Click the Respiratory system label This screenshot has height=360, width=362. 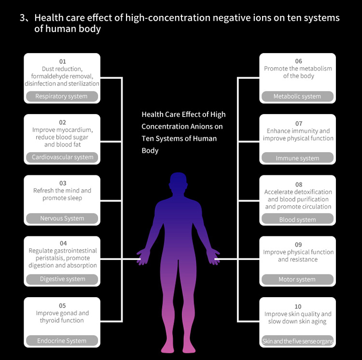point(62,96)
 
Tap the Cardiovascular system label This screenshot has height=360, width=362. point(62,157)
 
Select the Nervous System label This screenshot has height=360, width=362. point(62,218)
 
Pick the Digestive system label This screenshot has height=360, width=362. point(62,279)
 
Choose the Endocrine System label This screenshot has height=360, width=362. point(62,341)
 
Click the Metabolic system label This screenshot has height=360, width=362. point(297,96)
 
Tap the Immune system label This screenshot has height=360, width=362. point(297,158)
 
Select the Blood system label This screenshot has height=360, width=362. point(297,219)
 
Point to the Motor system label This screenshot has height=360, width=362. point(297,279)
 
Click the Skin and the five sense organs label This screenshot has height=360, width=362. point(297,341)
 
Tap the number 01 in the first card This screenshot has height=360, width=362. point(62,61)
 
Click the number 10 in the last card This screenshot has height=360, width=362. point(298,306)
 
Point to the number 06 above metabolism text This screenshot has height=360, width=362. point(298,61)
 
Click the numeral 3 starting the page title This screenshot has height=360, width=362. point(22,18)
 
